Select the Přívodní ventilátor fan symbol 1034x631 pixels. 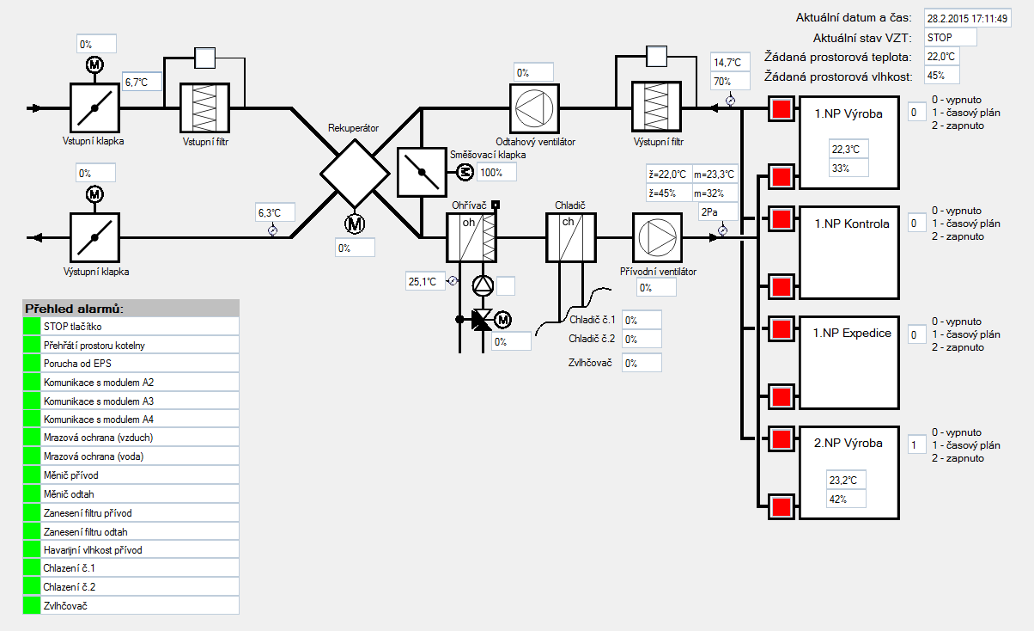pos(656,237)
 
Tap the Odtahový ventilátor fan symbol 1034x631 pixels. pos(534,107)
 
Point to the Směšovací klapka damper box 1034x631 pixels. pos(421,172)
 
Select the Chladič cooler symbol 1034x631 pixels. pos(571,237)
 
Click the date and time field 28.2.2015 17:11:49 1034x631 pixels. pos(967,18)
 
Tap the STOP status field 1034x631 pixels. pos(950,38)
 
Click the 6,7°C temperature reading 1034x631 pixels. pos(142,83)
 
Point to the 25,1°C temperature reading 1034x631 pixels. pos(425,281)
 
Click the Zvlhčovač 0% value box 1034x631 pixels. pos(642,363)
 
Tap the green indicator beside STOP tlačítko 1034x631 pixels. pos(32,326)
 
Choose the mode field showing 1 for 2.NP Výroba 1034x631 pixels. pos(917,445)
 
